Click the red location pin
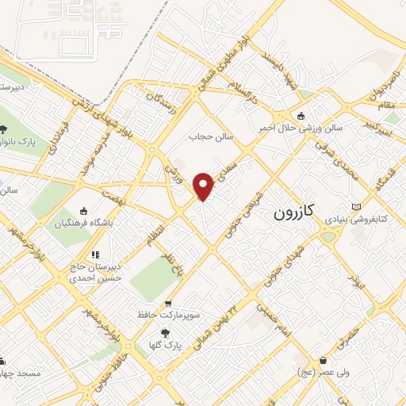204,186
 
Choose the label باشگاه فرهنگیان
82,223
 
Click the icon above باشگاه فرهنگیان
83,211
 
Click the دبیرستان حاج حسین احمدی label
94,274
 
